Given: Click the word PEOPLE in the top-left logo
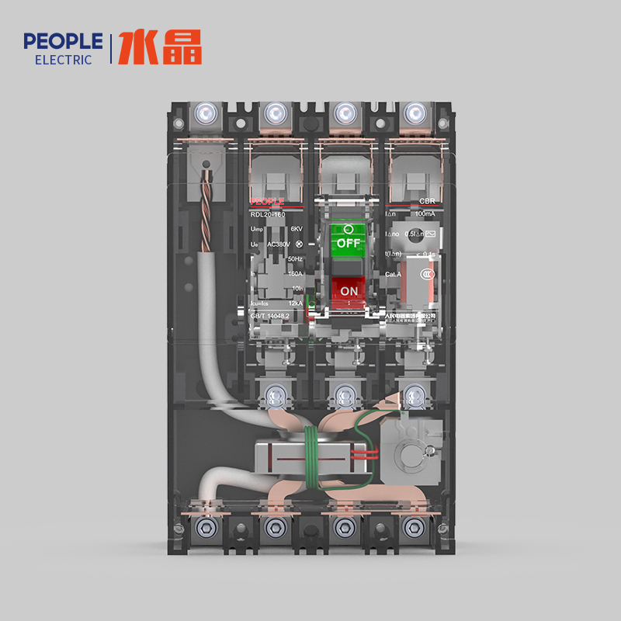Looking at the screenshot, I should click(63, 41).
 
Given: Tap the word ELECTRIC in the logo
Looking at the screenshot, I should click(64, 60).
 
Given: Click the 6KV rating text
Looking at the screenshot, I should click(297, 229).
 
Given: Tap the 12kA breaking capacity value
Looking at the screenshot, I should click(295, 302).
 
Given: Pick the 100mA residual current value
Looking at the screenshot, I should click(425, 213).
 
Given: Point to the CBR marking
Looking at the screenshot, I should click(427, 199).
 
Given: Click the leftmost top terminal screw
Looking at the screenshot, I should click(206, 113).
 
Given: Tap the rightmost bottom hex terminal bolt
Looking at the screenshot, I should click(412, 527).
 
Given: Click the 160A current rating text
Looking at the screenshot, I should click(294, 273).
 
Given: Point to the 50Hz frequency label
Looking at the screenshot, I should click(295, 258).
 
